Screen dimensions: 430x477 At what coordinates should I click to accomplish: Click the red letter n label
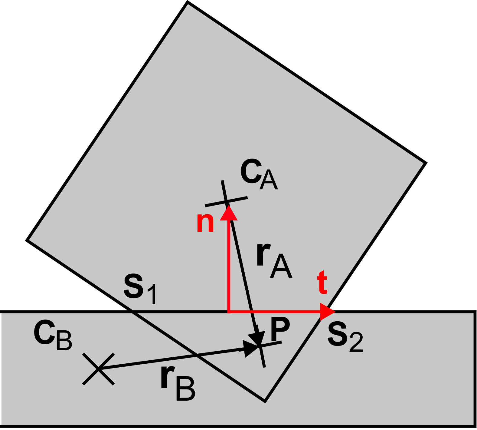(x=205, y=223)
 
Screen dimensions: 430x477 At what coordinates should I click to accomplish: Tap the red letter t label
(x=322, y=282)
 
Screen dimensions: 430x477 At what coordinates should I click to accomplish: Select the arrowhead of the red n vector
(x=229, y=212)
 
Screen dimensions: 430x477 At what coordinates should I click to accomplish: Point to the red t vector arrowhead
(x=327, y=311)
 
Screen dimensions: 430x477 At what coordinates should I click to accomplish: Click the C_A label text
(x=259, y=175)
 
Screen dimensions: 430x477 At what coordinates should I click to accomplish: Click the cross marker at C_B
(x=98, y=369)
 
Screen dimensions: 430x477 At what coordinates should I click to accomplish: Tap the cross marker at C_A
(x=226, y=202)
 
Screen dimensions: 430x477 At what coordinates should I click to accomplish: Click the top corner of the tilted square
(x=188, y=2)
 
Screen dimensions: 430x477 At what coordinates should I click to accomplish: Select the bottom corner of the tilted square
(x=265, y=402)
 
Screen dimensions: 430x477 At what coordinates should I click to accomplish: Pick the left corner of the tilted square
(x=27, y=240)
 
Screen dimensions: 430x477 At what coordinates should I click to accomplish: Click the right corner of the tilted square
(x=426, y=163)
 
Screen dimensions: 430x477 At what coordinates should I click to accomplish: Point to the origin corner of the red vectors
(x=229, y=311)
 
